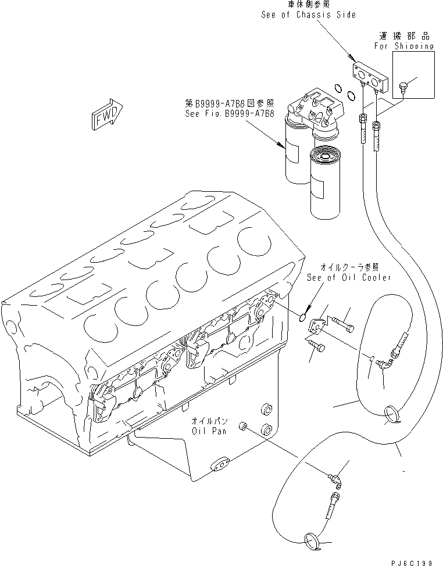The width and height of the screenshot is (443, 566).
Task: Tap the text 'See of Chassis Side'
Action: (x=308, y=15)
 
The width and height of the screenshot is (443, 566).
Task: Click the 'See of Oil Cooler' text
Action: (x=349, y=277)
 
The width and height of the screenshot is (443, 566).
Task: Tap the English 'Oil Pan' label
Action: (x=212, y=431)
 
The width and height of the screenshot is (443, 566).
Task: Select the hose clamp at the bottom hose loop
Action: (x=311, y=543)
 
